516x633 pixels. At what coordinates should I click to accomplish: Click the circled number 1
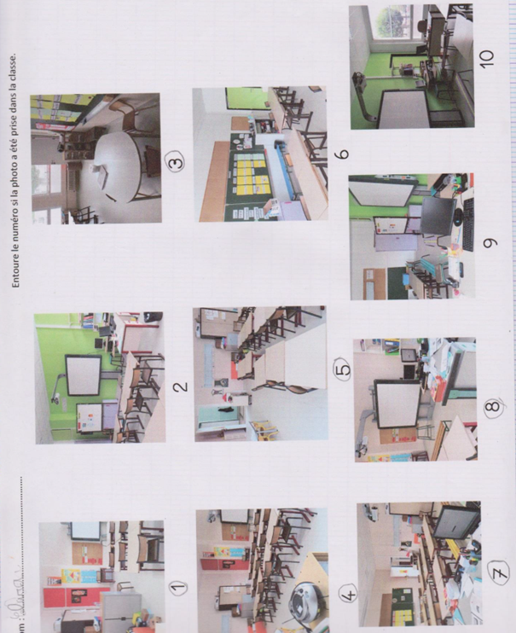177,587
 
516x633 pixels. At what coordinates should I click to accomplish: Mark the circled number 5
341,372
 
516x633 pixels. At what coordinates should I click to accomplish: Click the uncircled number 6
343,154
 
